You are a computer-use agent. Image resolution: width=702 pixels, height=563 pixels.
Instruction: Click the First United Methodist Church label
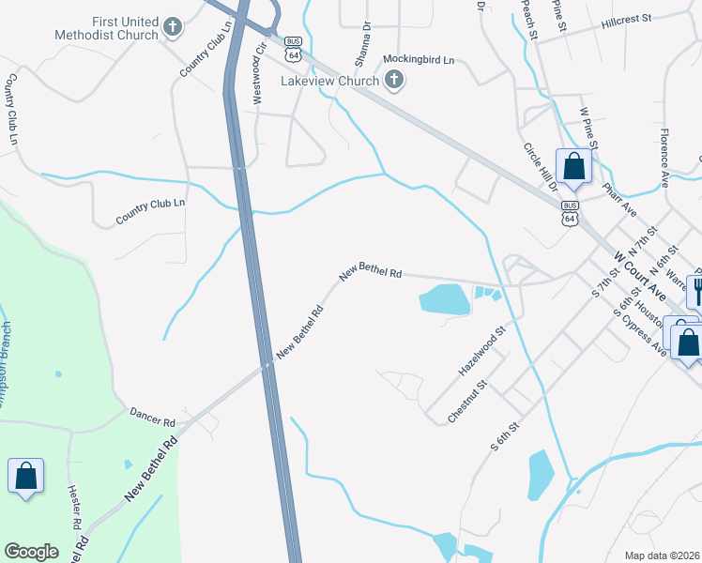[x=126, y=28]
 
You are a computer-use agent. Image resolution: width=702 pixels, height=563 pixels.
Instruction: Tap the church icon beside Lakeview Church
[x=395, y=81]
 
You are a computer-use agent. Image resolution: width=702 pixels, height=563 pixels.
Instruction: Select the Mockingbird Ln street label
[x=419, y=59]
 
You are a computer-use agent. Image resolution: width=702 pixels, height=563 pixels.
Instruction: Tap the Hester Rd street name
[x=74, y=504]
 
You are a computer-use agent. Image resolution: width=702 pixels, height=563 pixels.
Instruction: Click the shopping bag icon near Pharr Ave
[x=574, y=167]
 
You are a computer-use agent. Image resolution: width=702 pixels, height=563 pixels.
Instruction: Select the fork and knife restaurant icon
[x=695, y=290]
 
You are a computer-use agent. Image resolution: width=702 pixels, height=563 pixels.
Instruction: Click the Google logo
[x=31, y=552]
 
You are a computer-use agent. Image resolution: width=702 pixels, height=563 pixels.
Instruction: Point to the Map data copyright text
[x=663, y=555]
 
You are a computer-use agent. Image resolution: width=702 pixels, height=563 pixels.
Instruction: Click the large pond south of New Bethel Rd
[x=445, y=299]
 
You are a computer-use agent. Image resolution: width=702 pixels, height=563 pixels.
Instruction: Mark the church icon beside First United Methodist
[x=172, y=28]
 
